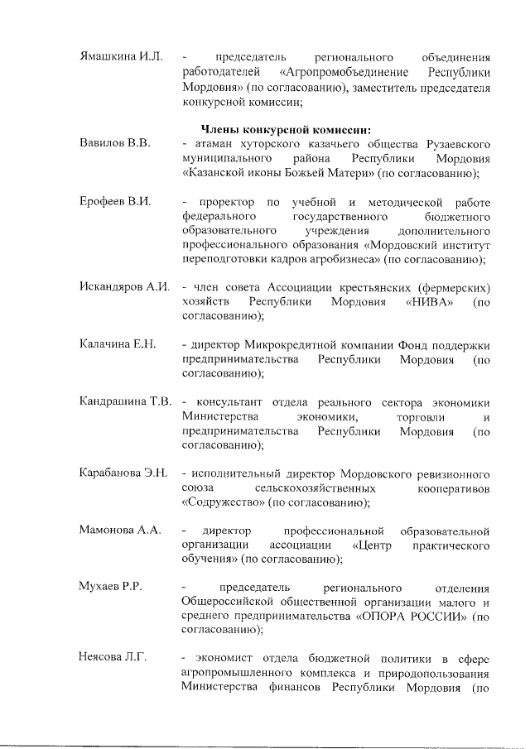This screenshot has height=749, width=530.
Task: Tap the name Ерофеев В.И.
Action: pyautogui.click(x=115, y=203)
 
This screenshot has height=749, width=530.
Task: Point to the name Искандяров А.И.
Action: pyautogui.click(x=124, y=287)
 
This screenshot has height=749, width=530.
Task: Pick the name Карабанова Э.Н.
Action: pyautogui.click(x=124, y=473)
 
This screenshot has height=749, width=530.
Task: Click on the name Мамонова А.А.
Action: pyautogui.click(x=120, y=530)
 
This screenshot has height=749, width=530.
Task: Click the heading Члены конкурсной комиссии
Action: pyautogui.click(x=286, y=129)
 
